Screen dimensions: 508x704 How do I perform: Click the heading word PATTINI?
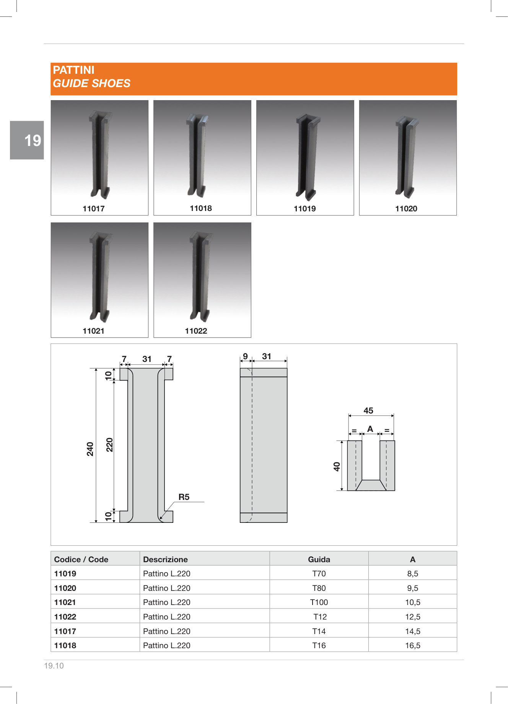[73, 70]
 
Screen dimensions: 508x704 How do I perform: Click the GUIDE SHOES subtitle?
[91, 83]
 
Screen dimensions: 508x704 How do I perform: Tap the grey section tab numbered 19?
[27, 140]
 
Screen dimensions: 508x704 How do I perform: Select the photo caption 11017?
[94, 209]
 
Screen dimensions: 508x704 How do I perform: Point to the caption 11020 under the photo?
[406, 209]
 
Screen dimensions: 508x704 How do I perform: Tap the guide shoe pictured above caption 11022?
[200, 276]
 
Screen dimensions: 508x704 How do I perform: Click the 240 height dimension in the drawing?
[90, 449]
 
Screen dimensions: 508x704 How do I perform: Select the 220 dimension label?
[110, 445]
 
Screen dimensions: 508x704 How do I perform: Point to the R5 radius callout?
[184, 497]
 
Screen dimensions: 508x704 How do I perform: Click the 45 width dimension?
[368, 410]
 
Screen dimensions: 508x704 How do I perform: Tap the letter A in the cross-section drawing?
[370, 429]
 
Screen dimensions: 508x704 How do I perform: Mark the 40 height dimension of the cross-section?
[337, 466]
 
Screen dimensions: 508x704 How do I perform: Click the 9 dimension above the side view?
[245, 356]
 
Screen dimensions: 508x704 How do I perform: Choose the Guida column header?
[319, 560]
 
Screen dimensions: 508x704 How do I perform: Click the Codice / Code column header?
[81, 560]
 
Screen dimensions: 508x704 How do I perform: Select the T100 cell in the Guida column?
[319, 602]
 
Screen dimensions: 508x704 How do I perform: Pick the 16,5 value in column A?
[413, 646]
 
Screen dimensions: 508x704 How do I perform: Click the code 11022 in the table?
[65, 617]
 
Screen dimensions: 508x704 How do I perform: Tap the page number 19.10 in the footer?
[54, 666]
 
